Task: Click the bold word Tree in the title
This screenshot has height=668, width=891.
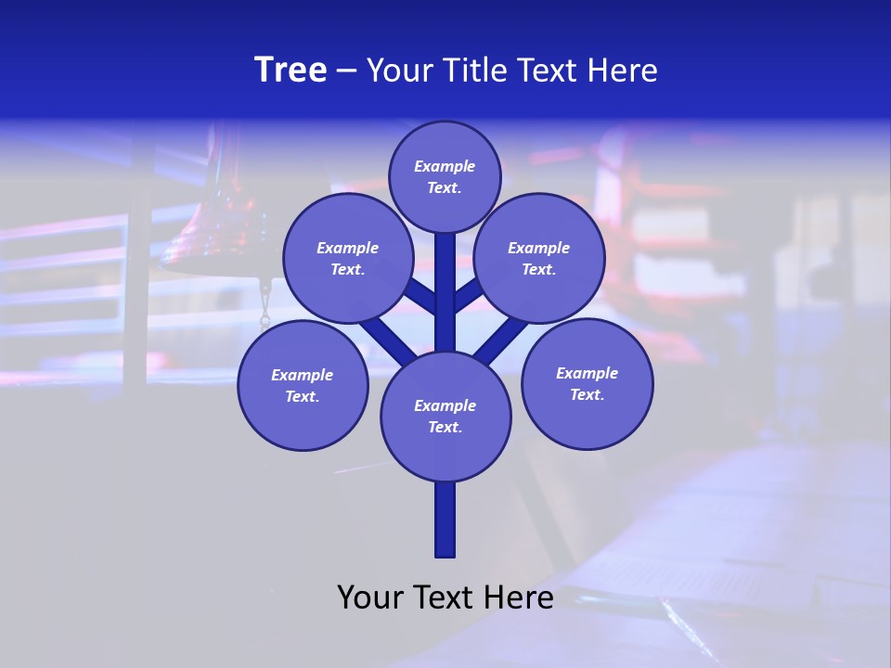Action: click(291, 71)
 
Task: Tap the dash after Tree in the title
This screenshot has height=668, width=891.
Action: click(346, 71)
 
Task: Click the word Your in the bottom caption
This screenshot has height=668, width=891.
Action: click(370, 597)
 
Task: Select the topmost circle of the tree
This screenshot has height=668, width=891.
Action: click(445, 176)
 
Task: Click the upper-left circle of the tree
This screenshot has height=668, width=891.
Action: click(348, 258)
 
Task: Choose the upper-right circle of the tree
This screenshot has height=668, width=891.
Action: click(539, 258)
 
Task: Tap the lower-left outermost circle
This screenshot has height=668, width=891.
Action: click(303, 385)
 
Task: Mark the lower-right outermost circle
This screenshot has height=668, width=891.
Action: click(587, 383)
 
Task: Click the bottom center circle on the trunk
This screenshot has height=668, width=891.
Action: click(445, 417)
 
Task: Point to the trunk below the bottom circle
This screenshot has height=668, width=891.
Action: click(445, 520)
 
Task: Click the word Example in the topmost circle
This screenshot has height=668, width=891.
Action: click(445, 166)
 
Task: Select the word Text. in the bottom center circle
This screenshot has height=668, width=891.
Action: click(445, 428)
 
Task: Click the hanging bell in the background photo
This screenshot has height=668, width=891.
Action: click(200, 237)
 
